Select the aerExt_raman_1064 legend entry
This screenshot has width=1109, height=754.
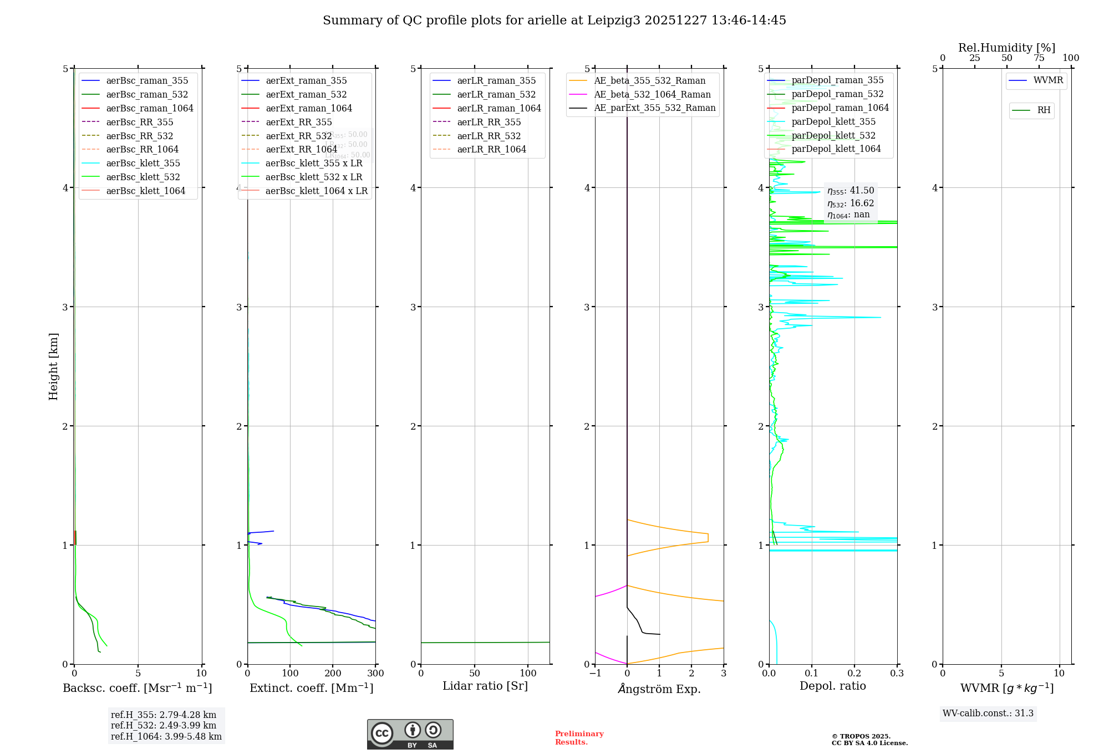pos(309,108)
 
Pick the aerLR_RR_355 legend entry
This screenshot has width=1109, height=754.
pos(489,122)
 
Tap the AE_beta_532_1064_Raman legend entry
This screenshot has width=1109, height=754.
pos(652,94)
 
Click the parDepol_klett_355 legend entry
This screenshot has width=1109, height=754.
pos(833,121)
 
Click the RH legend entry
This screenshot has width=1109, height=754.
pos(1044,110)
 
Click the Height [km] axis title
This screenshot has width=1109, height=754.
pos(53,366)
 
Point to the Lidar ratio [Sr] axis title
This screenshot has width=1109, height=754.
pos(485,686)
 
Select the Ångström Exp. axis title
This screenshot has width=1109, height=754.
pos(659,689)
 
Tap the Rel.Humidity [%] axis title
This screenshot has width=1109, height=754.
pos(1006,48)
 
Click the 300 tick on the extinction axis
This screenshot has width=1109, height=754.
pos(375,674)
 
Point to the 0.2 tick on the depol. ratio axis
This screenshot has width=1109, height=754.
pos(854,674)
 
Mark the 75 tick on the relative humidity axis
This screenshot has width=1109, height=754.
pos(1039,58)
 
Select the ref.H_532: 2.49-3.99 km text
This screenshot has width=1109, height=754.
pos(164,725)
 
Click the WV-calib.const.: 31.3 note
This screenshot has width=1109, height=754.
pos(988,713)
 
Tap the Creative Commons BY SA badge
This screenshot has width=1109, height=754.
pos(410,734)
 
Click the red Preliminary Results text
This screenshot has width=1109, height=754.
pos(579,738)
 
